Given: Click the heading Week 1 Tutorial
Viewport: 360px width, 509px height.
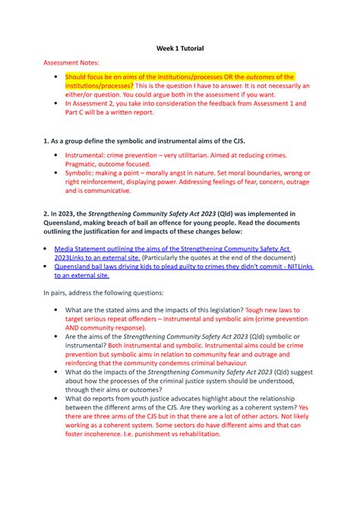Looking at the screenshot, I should (x=179, y=49).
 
